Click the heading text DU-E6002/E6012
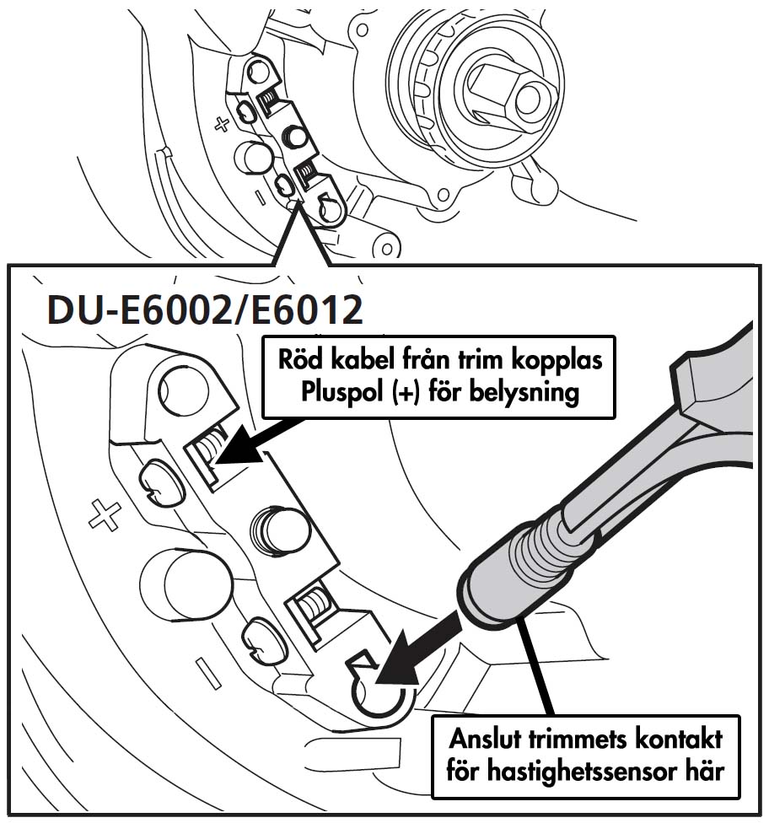point(206,309)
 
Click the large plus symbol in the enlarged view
point(105,514)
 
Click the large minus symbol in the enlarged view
point(207,672)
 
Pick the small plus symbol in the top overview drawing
point(222,125)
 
